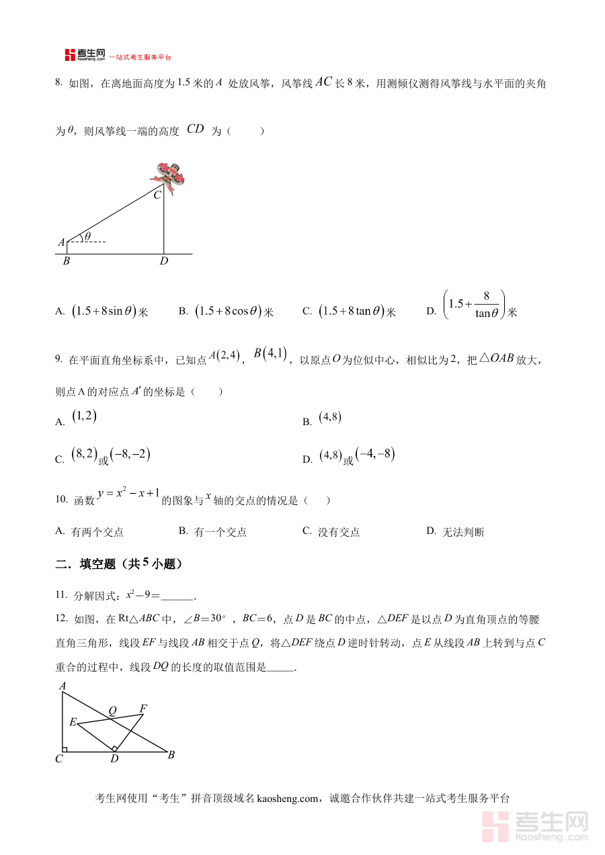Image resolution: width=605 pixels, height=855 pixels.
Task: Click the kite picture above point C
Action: point(167,177)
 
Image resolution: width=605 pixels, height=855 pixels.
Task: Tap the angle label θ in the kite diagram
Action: point(87,236)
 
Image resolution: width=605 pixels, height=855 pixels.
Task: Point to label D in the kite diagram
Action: point(164,261)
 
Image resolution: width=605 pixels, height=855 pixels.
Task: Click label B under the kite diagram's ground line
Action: point(66,261)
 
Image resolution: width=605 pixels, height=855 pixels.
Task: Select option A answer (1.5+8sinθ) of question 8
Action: point(104,311)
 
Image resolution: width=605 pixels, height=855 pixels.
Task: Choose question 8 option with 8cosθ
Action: point(228,311)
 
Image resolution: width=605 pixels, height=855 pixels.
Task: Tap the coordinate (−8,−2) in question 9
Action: point(130,455)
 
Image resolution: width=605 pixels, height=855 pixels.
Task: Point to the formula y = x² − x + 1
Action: point(128,495)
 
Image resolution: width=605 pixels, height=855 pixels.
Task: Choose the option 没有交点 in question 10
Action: point(339,532)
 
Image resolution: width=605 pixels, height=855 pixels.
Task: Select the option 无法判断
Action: point(463,532)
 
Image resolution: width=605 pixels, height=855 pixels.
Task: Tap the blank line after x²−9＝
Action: point(177,596)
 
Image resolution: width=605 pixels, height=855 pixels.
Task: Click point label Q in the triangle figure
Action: point(112,711)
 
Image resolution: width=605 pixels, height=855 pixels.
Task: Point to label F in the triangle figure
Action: point(143,708)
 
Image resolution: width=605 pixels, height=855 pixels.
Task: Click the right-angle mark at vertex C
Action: point(65,749)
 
